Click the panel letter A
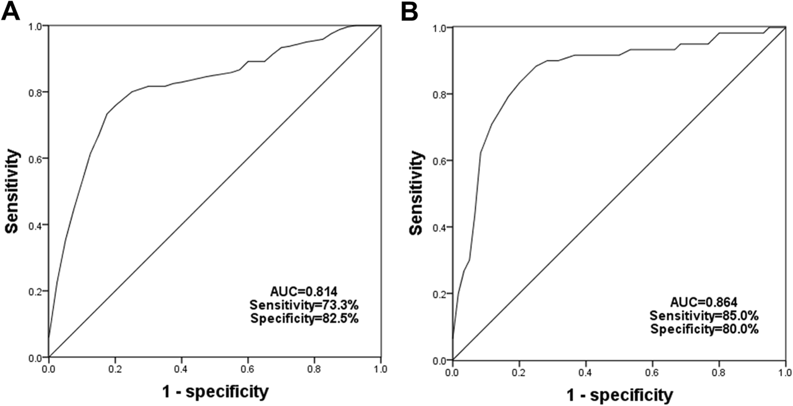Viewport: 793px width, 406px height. pyautogui.click(x=11, y=11)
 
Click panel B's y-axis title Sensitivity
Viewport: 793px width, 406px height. pyautogui.click(x=416, y=193)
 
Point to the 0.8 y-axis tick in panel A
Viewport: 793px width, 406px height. pyautogui.click(x=37, y=92)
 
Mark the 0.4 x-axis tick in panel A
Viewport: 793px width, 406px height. pyautogui.click(x=182, y=369)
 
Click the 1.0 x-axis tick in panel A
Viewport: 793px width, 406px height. pyautogui.click(x=381, y=369)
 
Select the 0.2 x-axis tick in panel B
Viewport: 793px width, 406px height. pyautogui.click(x=520, y=371)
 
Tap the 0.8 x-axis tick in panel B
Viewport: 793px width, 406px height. pyautogui.click(x=719, y=371)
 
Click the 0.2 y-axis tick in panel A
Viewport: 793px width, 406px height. pyautogui.click(x=37, y=291)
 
